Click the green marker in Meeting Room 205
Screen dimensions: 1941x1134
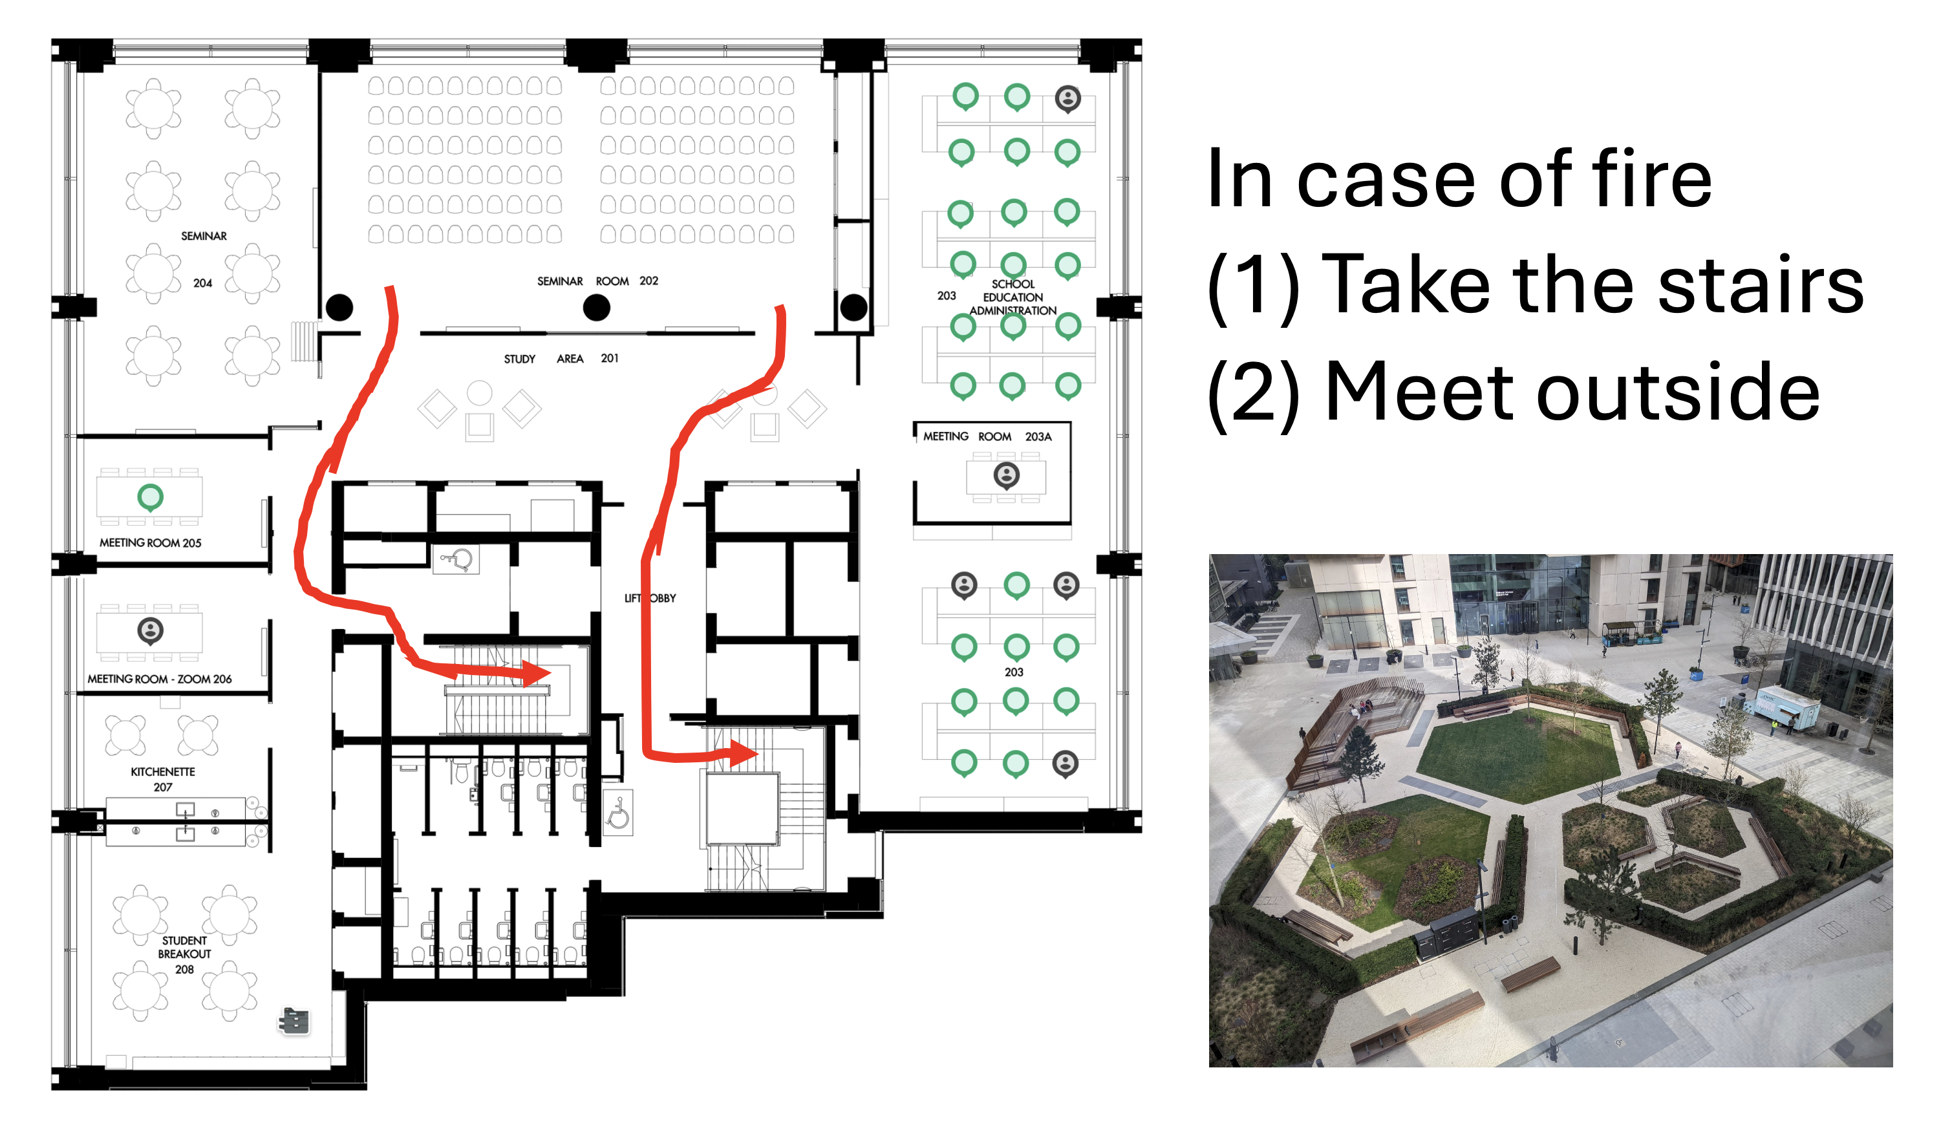pos(150,498)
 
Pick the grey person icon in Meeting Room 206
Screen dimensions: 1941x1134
pos(150,632)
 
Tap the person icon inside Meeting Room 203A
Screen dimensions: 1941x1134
pos(1007,475)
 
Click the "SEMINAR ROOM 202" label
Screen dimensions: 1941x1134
pos(597,281)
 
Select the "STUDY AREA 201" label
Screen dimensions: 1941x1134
pos(561,359)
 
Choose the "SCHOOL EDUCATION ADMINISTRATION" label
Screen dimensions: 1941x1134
pos(1013,297)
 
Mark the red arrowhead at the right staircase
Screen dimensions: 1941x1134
pos(744,753)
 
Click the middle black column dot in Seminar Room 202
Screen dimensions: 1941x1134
pos(596,308)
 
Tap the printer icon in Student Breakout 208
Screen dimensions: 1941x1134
pos(294,1022)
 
